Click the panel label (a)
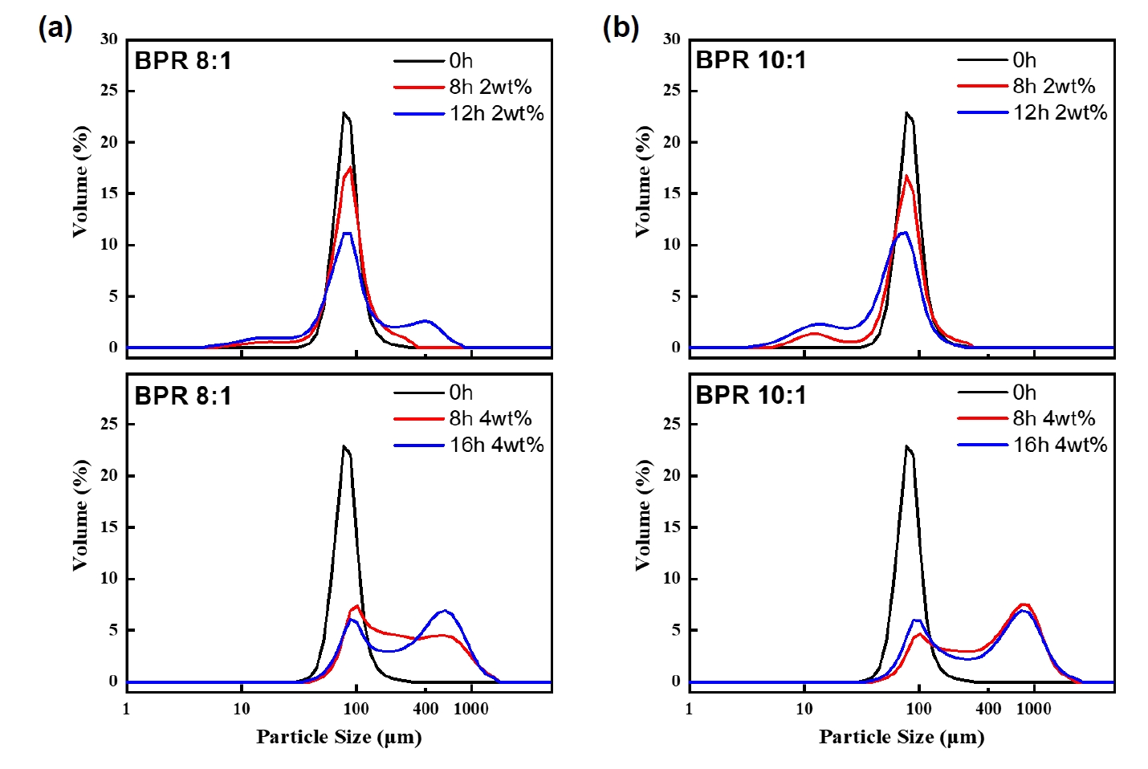pos(55,28)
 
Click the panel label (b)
pos(620,28)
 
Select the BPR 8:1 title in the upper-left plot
pos(183,61)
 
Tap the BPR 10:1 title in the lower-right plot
pos(751,395)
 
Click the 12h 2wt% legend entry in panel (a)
pos(496,114)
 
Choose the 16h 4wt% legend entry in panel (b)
pos(1060,445)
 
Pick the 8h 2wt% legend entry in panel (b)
pos(1053,87)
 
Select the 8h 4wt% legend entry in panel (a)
pos(490,418)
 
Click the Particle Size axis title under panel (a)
pos(339,737)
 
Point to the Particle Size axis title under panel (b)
pos(902,737)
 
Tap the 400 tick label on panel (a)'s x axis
pos(425,709)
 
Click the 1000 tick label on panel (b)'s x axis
pos(1034,709)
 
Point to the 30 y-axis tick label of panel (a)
pos(109,39)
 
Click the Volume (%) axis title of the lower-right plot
pos(643,515)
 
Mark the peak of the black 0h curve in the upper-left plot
pos(344,113)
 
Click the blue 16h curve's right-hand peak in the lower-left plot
pos(446,611)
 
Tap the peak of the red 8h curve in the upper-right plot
pos(906,176)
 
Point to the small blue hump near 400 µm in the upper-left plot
pos(426,321)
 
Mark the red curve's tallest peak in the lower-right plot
pos(1024,604)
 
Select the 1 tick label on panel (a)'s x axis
pos(126,709)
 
